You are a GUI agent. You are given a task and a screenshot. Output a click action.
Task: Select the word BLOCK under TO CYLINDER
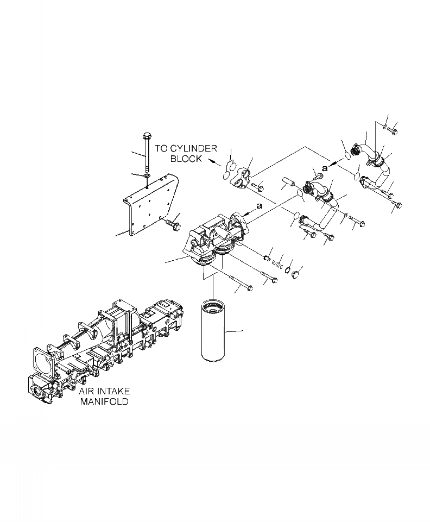tap(186, 159)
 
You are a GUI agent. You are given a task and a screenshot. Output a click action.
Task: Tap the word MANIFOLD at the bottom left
tap(104, 402)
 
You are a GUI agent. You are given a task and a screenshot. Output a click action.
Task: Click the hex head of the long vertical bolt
tap(146, 136)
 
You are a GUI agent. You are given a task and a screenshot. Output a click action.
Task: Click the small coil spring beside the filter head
tap(278, 262)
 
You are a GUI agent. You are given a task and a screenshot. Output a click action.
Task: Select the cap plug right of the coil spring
tap(296, 274)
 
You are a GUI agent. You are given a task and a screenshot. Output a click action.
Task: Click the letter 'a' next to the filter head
tap(259, 206)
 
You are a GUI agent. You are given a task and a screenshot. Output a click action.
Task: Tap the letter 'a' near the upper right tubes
tap(325, 169)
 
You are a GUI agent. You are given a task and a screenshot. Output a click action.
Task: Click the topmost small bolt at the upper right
tap(394, 131)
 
